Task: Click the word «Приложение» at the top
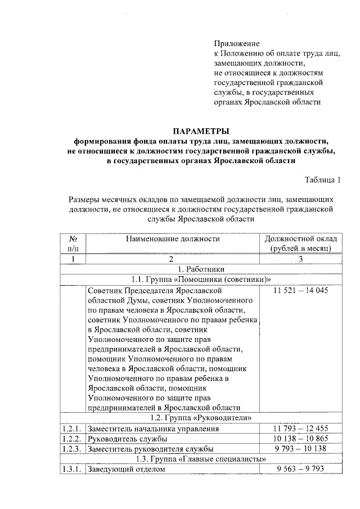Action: tap(237, 43)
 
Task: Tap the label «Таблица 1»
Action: tap(323, 180)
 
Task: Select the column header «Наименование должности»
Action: tap(172, 238)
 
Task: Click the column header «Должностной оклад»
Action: tap(300, 238)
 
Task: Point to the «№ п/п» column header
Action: tap(73, 243)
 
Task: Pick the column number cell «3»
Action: tap(300, 259)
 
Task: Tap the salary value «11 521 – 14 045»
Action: tap(300, 290)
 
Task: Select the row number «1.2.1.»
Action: tap(72, 429)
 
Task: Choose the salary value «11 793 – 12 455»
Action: tap(300, 429)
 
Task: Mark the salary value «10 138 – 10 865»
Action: tap(300, 439)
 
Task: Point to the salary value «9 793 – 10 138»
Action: tap(300, 449)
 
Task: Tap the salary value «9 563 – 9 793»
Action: tap(300, 470)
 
